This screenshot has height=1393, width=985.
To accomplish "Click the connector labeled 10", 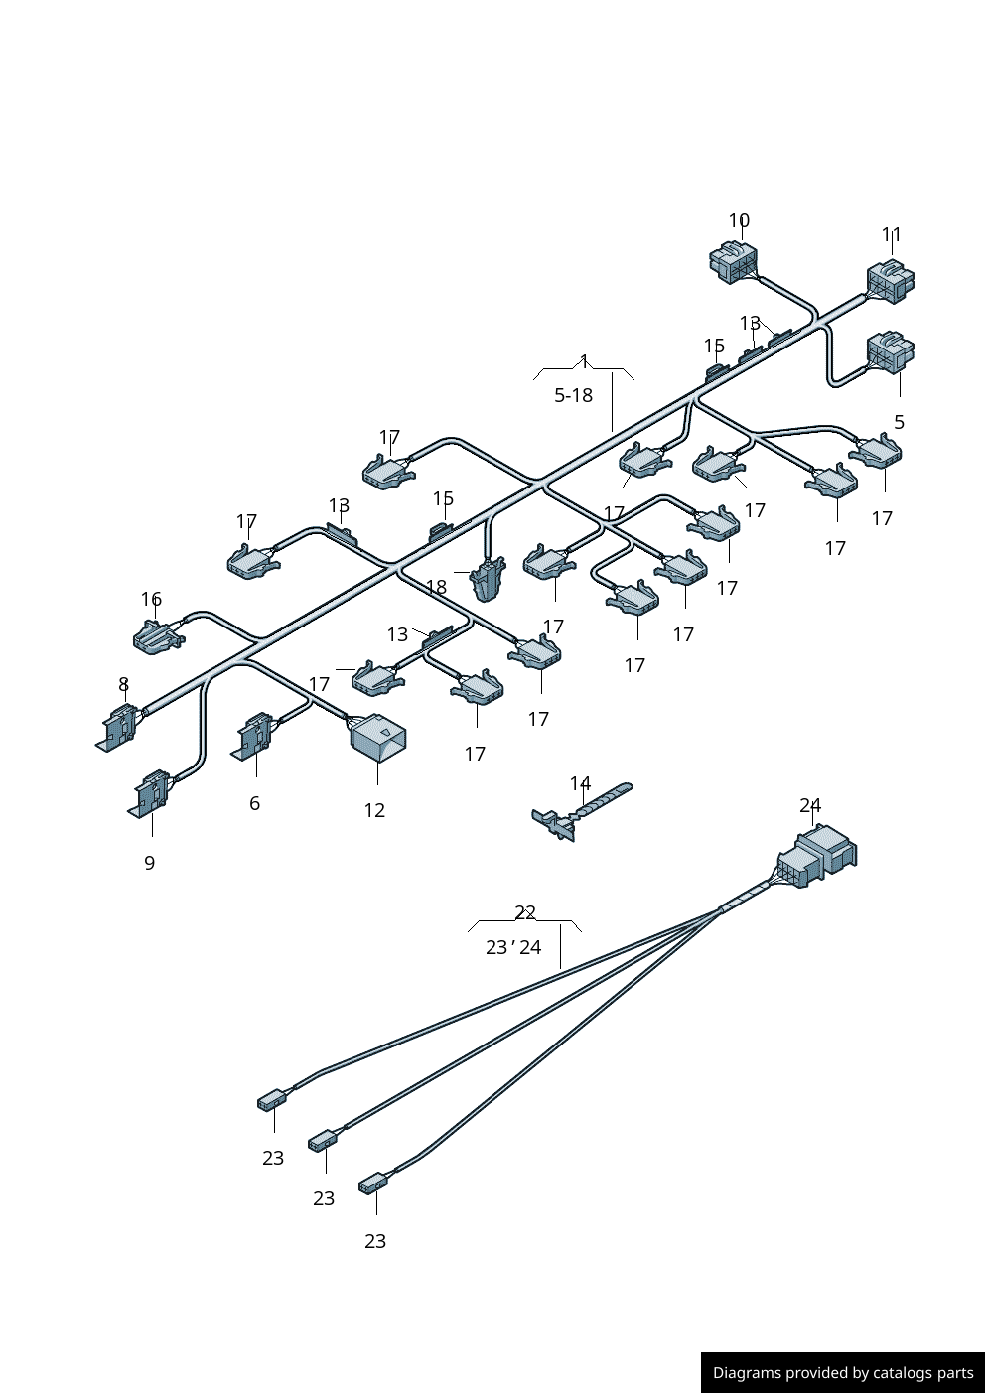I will click(x=733, y=262).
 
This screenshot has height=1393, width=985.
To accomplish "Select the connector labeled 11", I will click(x=890, y=281).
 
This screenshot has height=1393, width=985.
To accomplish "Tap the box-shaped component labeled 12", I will click(x=377, y=736).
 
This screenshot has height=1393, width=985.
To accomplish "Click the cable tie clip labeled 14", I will click(x=580, y=811).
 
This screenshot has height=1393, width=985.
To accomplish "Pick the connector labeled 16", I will click(x=157, y=636).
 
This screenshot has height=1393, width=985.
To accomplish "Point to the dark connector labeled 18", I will click(x=489, y=580).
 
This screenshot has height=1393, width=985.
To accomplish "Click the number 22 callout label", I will click(x=525, y=911).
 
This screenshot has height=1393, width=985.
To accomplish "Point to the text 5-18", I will click(x=573, y=395).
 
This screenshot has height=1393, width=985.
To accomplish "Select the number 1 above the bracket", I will click(x=584, y=361).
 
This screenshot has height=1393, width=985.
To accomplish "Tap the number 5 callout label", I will click(x=899, y=422).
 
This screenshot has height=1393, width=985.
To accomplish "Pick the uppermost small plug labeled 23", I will click(x=271, y=1100).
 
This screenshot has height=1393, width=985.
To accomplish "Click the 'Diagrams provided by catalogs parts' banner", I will click(x=842, y=1372).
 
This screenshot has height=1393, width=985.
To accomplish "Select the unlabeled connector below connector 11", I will click(x=889, y=352).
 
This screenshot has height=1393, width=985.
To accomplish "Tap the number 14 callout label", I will click(x=580, y=783).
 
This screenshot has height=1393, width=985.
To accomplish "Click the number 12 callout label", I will click(x=374, y=810).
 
